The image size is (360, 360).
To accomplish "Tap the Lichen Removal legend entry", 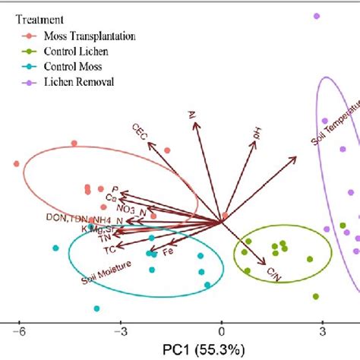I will click(74, 81).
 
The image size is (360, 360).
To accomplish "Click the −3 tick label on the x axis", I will click(119, 330).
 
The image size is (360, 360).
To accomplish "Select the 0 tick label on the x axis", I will click(222, 330).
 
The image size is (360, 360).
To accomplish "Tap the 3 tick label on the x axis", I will click(323, 330).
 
